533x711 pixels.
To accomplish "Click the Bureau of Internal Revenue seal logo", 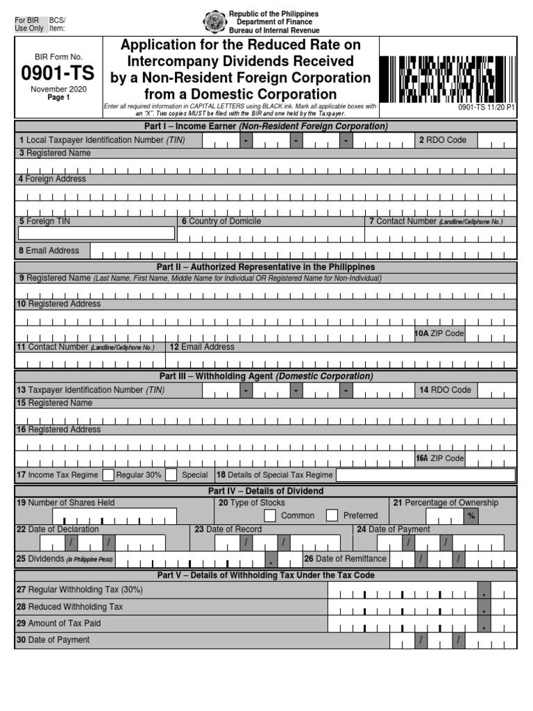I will click(x=214, y=22).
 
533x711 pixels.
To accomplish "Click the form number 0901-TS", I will click(x=59, y=73).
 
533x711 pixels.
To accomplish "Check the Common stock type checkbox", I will click(x=270, y=515).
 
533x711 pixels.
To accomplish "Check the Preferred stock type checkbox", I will click(x=332, y=515).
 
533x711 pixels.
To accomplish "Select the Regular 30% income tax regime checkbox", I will click(x=108, y=475).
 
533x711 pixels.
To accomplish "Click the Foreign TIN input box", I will click(x=96, y=233).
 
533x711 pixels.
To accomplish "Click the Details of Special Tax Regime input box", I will click(x=425, y=475).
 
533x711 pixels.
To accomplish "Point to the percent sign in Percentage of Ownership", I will click(x=471, y=516).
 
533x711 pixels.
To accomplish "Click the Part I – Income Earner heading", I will click(x=266, y=126).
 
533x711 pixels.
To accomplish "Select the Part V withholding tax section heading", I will click(x=266, y=575).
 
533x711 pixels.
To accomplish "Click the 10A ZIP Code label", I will click(x=439, y=333).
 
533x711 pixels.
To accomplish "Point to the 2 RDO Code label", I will click(x=442, y=140).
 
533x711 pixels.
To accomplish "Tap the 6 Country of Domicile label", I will click(x=221, y=221).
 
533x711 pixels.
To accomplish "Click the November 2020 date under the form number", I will click(x=59, y=90).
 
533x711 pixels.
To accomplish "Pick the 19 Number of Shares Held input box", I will click(x=115, y=516).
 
